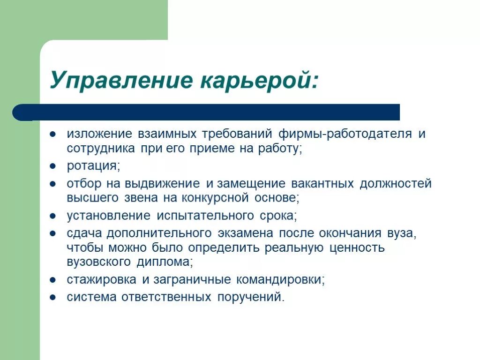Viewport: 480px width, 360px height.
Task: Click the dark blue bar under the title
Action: tap(206, 112)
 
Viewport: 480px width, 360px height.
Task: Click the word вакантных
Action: tap(322, 183)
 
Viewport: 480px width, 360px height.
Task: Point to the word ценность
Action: tap(357, 247)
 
